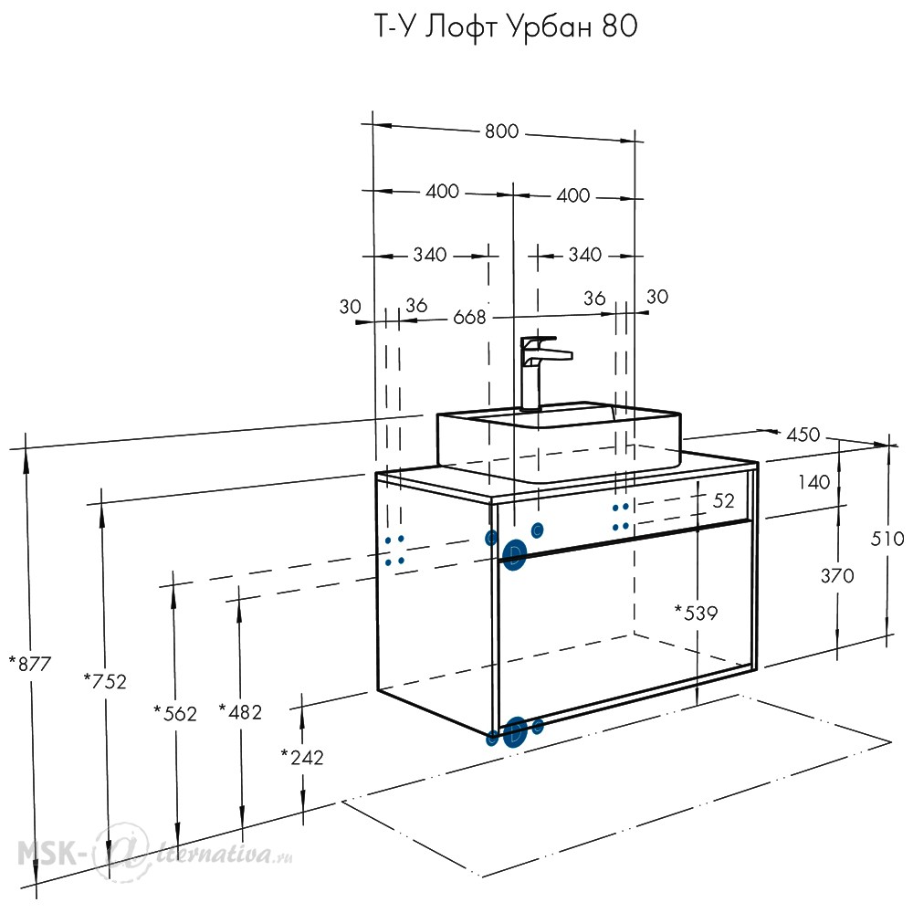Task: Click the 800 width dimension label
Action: pyautogui.click(x=501, y=131)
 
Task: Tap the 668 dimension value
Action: pyautogui.click(x=469, y=317)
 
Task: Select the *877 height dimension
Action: pyautogui.click(x=30, y=663)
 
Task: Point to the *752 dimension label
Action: pyautogui.click(x=105, y=681)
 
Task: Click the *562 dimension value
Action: pyautogui.click(x=175, y=713)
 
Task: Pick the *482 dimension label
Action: pyautogui.click(x=240, y=711)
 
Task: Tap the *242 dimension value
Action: pyautogui.click(x=302, y=757)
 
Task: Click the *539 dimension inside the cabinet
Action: pyautogui.click(x=697, y=613)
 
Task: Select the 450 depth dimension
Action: pyautogui.click(x=803, y=435)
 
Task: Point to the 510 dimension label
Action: pyautogui.click(x=887, y=539)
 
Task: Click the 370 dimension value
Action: pyautogui.click(x=837, y=576)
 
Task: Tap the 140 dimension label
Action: pyautogui.click(x=814, y=482)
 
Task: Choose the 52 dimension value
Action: pyautogui.click(x=724, y=500)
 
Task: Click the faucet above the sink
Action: pyautogui.click(x=540, y=373)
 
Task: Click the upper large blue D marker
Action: pyautogui.click(x=514, y=554)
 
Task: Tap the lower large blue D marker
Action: pyautogui.click(x=515, y=732)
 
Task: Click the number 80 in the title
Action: pyautogui.click(x=620, y=26)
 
